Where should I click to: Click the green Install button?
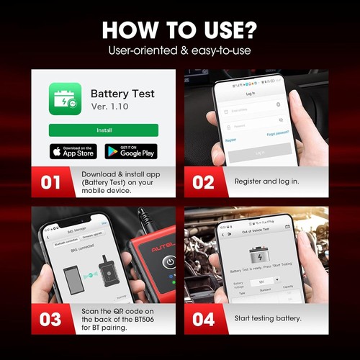point(103,130)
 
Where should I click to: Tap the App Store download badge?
point(73,151)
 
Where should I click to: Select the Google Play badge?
point(131,151)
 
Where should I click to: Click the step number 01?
point(50,182)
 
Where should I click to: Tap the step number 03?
point(50,319)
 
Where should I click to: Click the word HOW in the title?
point(130,30)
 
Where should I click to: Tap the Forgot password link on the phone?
point(277,134)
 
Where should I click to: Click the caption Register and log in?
point(266,181)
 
